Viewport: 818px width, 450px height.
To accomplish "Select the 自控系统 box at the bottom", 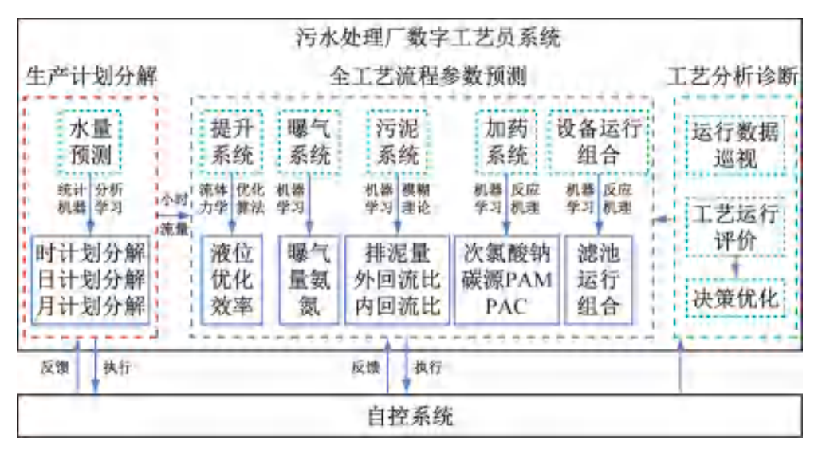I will coord(410,416).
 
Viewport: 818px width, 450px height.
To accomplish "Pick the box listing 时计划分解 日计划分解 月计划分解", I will coord(91,278).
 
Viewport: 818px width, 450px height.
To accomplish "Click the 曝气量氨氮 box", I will coord(308,278).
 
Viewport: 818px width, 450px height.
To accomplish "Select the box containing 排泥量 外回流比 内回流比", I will coord(397,278).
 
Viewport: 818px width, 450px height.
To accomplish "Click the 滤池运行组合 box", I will coord(600,278).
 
